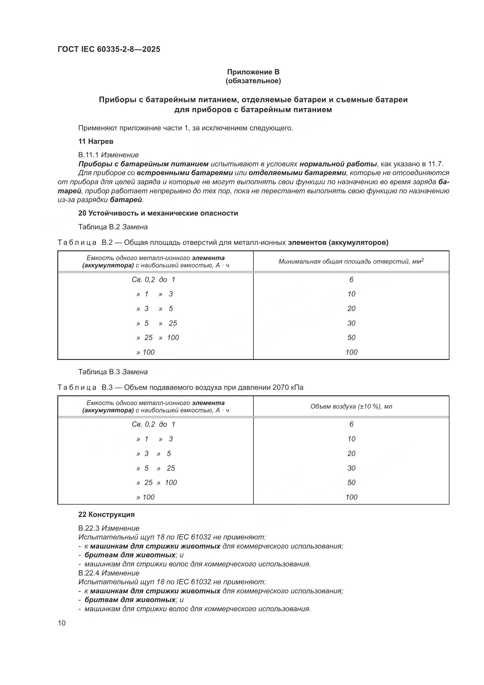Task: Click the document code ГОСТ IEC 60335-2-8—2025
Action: pos(109,49)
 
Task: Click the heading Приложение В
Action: pos(253,72)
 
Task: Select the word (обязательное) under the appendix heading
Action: pos(253,81)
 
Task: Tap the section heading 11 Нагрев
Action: pos(96,141)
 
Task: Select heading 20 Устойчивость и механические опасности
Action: pos(158,213)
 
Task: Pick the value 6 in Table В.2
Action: pos(351,280)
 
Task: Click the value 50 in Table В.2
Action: pos(351,337)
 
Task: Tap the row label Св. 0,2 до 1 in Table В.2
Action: pos(154,280)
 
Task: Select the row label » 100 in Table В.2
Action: pos(145,352)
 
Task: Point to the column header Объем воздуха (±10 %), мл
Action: pos(351,406)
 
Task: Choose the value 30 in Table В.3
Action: pos(351,468)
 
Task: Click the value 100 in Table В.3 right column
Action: pos(351,497)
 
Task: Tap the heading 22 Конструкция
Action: pos(107,515)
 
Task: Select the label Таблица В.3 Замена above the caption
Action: pos(113,372)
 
